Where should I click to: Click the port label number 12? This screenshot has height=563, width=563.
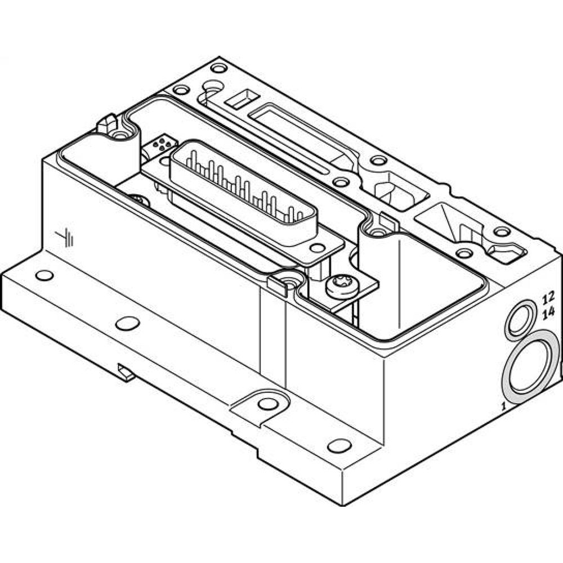pyautogui.click(x=548, y=297)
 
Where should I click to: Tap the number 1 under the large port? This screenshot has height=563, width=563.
pyautogui.click(x=504, y=405)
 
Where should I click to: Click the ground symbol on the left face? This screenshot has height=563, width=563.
pyautogui.click(x=68, y=238)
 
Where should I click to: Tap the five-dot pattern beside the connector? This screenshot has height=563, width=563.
pyautogui.click(x=161, y=145)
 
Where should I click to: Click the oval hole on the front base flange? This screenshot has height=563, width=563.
pyautogui.click(x=127, y=323)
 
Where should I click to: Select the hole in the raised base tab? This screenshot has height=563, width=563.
pyautogui.click(x=268, y=404)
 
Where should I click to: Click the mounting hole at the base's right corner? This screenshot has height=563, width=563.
pyautogui.click(x=339, y=445)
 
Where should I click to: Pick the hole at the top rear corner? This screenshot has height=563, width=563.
pyautogui.click(x=218, y=68)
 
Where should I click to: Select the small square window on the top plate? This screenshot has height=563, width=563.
pyautogui.click(x=238, y=101)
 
